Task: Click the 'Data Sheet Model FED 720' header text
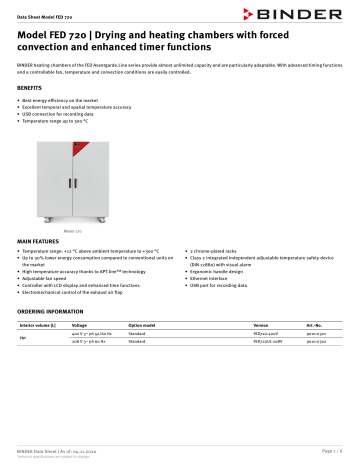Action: (x=46, y=9)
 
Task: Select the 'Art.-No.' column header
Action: (x=312, y=326)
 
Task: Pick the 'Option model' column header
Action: (x=144, y=326)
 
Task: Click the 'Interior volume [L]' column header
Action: (x=38, y=326)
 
